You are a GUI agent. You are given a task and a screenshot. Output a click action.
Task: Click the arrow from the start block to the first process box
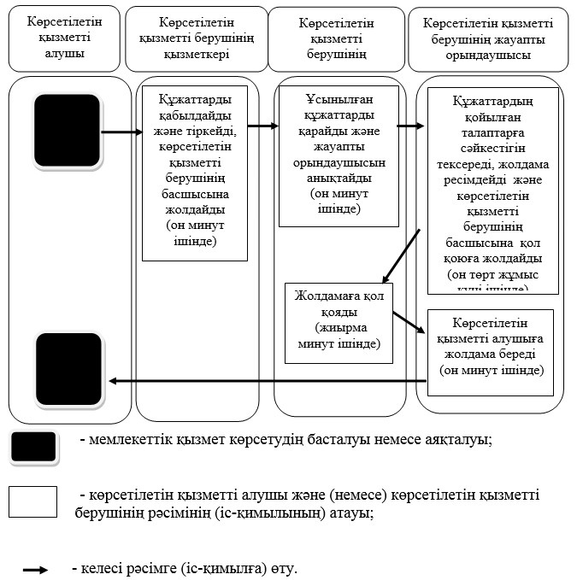click(x=121, y=132)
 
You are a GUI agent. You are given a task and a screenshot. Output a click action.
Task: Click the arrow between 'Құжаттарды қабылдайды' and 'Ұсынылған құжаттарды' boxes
click(x=263, y=126)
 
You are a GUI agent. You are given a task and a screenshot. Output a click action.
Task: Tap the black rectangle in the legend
click(x=33, y=447)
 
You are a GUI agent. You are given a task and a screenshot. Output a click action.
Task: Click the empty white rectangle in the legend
click(x=33, y=502)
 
